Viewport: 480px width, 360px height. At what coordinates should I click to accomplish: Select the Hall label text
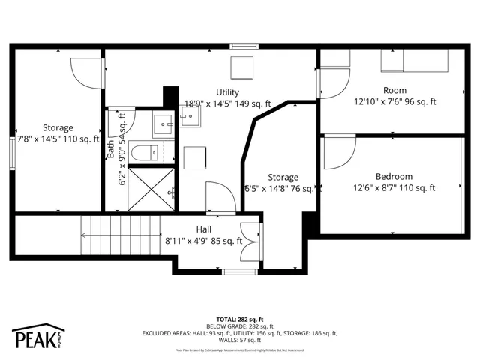[204, 229]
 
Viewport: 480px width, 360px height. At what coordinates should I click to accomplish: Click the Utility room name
[228, 92]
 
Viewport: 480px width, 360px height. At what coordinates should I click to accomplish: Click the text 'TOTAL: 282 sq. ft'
[239, 319]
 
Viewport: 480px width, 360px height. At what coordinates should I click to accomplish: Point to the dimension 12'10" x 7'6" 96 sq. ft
[395, 101]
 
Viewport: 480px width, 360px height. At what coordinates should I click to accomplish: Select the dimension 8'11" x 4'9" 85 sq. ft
[204, 241]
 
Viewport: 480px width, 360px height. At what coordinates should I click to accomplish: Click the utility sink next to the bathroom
[190, 116]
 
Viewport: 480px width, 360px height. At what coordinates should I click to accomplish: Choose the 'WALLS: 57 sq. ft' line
[239, 340]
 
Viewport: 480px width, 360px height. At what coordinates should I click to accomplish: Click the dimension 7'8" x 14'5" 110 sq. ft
[58, 139]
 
